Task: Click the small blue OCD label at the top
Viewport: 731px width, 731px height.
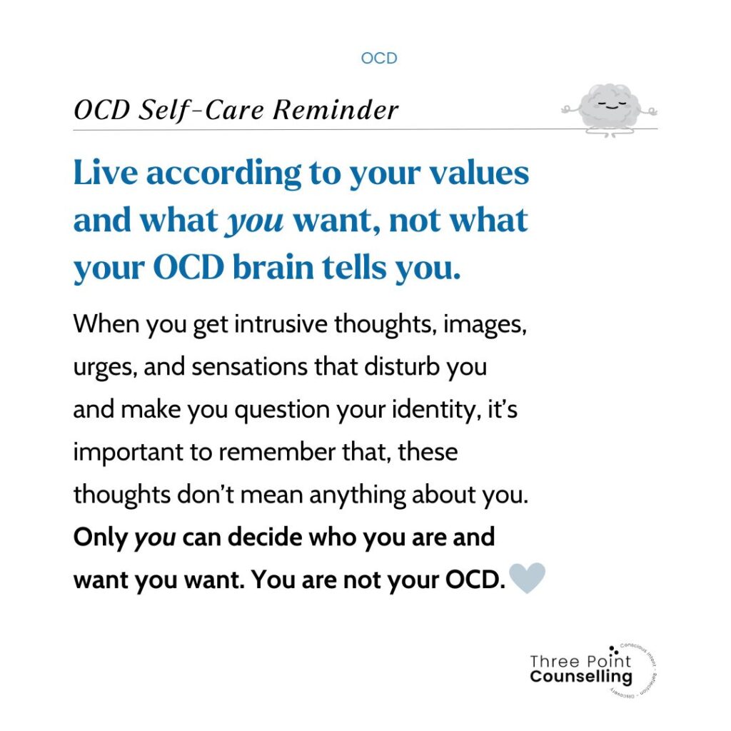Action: click(x=379, y=59)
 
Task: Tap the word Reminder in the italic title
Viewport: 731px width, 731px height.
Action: click(x=336, y=110)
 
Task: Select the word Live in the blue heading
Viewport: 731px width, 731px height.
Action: click(x=106, y=173)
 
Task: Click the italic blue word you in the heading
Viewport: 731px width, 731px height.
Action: click(x=254, y=221)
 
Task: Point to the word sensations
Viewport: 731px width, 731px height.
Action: click(x=250, y=366)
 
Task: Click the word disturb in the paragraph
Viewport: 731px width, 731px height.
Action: click(x=402, y=366)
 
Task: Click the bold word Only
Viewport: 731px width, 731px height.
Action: click(x=100, y=538)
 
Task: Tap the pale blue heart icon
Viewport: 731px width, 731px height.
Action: click(x=527, y=578)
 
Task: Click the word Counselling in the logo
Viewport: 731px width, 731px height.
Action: click(x=581, y=677)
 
